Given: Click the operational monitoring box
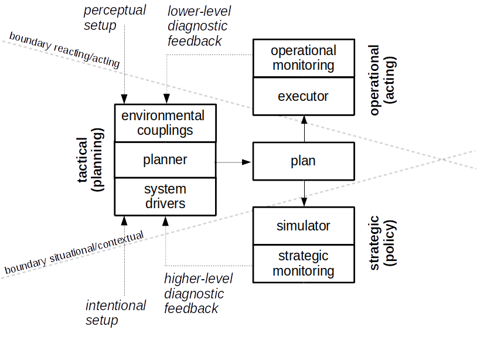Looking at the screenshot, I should [x=304, y=58].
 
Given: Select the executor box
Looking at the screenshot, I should [x=304, y=96].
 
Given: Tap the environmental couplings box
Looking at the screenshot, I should [x=165, y=123].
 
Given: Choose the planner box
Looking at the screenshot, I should [x=165, y=159].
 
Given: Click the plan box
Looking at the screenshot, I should [x=304, y=161].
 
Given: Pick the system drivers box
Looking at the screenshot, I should [x=165, y=196].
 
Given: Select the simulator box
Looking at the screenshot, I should [x=304, y=226].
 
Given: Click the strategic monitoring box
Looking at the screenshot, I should [x=304, y=263].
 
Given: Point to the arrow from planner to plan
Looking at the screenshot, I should [x=234, y=162].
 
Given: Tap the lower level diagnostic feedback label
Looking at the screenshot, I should [x=197, y=26].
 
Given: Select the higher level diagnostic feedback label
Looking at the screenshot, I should [x=197, y=293].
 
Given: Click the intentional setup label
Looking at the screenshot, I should [x=115, y=313].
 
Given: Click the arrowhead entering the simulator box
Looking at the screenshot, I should [x=304, y=202].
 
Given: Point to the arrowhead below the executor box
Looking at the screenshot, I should [x=304, y=120].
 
